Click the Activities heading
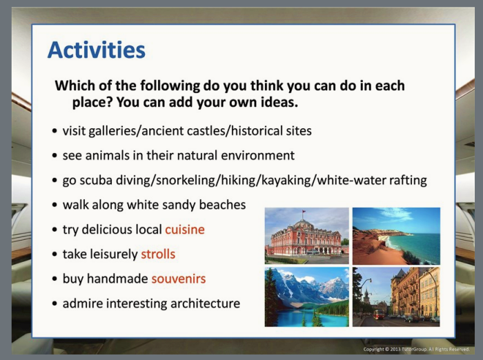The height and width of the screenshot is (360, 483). [x=97, y=50]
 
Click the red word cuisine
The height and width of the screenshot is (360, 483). [x=185, y=230]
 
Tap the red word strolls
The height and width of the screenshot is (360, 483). [x=158, y=254]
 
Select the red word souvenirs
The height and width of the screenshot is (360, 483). [x=179, y=279]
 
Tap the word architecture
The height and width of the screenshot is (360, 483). [x=205, y=303]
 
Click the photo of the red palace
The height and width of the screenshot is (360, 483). [x=307, y=236]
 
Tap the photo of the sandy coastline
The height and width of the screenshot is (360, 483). [x=397, y=236]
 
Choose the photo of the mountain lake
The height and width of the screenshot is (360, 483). [x=307, y=297]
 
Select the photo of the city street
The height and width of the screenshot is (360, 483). [x=397, y=297]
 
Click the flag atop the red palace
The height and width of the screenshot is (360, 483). [x=304, y=212]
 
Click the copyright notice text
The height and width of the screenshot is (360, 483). [x=417, y=349]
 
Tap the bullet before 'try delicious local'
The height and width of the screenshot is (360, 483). [x=55, y=230]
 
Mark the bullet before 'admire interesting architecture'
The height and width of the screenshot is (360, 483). [x=55, y=303]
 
